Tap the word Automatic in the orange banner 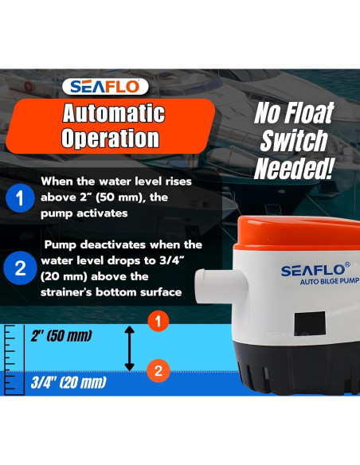coord(113,112)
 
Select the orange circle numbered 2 coord(158,369)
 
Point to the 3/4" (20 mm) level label coord(66,383)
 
